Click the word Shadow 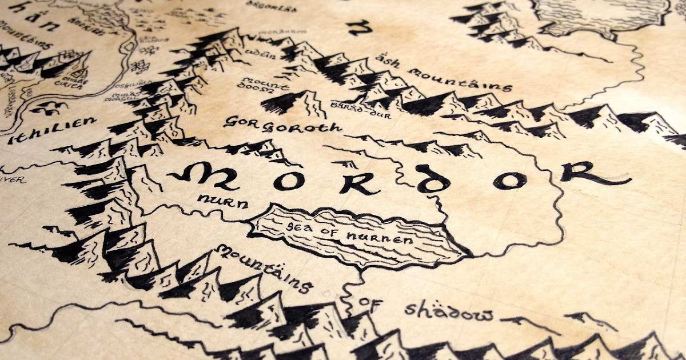449,312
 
